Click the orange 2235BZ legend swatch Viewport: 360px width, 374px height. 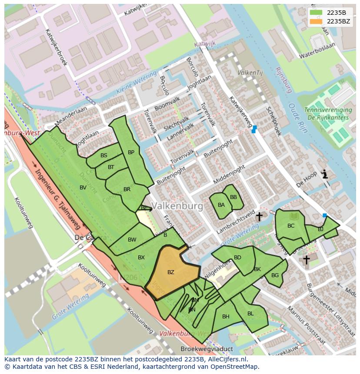317,21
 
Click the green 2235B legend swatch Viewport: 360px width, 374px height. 317,13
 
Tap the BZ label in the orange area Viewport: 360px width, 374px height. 171,272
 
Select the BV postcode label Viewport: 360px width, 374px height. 83,188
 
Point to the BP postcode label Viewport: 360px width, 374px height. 131,152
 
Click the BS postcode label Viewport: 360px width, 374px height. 104,156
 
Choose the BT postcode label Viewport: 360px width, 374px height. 111,167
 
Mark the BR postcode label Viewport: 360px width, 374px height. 127,189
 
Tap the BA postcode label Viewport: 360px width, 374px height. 221,205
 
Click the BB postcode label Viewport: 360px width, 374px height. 233,197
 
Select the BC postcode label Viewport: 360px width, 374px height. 291,226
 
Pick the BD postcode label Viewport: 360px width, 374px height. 237,258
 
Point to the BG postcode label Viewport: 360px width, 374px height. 275,275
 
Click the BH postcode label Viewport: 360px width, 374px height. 226,317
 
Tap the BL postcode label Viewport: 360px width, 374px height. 250,314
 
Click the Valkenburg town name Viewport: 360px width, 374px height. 177,206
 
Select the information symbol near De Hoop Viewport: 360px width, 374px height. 324,175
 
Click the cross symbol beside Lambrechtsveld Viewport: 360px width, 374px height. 259,216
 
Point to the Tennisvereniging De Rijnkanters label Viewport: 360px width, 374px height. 327,114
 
